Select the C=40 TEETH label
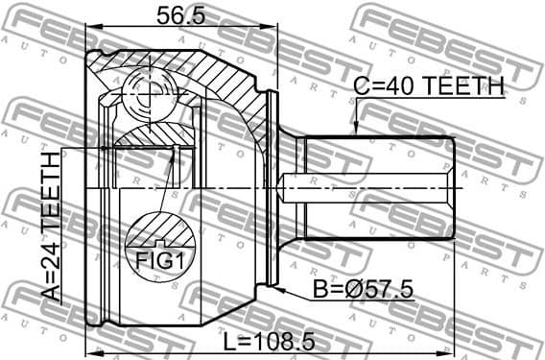429,86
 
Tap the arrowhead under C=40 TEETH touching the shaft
355,131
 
